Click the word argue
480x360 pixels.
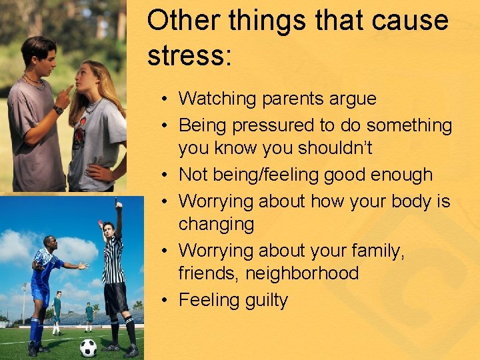[353, 99]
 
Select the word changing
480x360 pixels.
[216, 224]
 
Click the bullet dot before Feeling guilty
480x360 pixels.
[164, 301]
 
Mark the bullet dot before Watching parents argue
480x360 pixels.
[164, 99]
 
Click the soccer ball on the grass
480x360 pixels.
[88, 347]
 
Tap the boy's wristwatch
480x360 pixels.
[59, 110]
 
